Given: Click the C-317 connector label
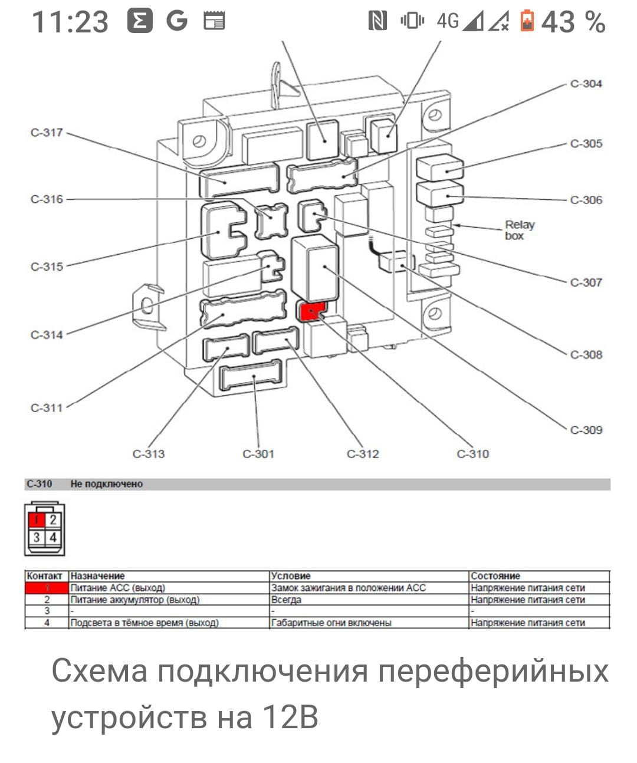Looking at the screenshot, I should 47,133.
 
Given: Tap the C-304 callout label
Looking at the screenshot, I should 586,84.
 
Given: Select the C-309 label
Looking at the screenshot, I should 586,430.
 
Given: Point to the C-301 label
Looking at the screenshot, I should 258,454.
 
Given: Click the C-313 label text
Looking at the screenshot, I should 149,454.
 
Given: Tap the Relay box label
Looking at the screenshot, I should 519,230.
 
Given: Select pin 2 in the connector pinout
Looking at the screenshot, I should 53,520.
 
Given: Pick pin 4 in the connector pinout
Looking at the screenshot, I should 53,537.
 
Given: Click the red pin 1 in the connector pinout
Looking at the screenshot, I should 37,520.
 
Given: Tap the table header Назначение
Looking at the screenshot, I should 97,576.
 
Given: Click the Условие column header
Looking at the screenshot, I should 290,576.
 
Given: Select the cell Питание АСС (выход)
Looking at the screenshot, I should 117,588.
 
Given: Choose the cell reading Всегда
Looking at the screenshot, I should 286,600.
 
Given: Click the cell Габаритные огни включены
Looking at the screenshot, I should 331,623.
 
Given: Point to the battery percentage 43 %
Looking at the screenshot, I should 573,22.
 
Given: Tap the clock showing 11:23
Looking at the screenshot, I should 70,22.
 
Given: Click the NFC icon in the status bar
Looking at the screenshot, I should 377,22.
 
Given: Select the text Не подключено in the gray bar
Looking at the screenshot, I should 106,484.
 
